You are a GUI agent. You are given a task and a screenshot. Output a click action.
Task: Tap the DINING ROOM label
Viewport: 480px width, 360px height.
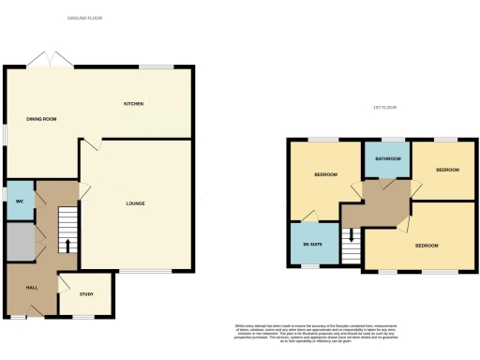(x=42, y=119)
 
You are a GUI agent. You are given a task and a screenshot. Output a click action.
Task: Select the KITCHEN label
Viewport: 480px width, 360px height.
(x=133, y=103)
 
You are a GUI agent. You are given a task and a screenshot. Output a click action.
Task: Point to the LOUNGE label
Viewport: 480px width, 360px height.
(x=136, y=203)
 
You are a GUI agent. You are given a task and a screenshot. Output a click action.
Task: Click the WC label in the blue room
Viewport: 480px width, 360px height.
(x=19, y=203)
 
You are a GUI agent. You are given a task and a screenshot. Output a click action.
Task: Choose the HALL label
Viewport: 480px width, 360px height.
(x=31, y=288)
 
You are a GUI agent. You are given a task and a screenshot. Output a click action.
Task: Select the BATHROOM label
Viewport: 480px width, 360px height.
(x=387, y=159)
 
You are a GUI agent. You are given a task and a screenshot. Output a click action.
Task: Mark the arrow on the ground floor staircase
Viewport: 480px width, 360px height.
(x=67, y=247)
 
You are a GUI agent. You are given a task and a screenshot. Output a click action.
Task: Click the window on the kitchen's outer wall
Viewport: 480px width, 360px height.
(x=155, y=67)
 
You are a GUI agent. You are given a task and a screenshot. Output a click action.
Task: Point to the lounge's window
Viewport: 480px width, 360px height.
(x=150, y=272)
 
